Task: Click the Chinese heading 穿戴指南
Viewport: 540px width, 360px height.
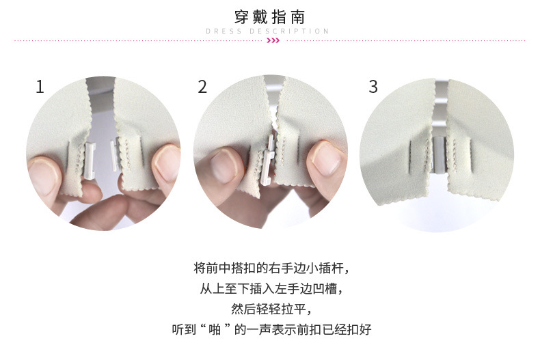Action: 269,16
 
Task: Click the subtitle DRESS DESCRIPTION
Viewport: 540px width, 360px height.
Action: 267,31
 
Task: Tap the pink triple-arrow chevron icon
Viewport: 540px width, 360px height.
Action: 273,40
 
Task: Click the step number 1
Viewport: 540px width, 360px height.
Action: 40,87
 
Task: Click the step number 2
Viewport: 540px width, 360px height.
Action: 202,87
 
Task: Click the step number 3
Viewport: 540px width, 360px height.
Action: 373,87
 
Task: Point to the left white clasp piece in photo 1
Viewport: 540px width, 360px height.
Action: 90,161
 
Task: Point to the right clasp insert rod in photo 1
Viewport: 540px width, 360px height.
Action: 115,154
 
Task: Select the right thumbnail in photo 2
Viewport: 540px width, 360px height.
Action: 327,157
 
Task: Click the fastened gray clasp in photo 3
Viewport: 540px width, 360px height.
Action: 439,154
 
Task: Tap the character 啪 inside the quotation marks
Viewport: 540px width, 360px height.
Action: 215,329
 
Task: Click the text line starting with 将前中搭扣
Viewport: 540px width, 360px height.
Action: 271,268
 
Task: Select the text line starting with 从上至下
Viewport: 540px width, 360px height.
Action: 271,288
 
